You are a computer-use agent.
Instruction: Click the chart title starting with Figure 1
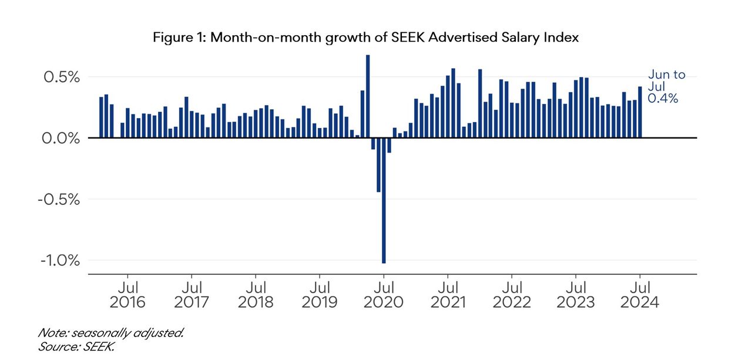pos(365,38)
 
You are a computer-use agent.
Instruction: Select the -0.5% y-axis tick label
pos(59,199)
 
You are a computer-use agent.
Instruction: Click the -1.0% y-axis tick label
pos(59,260)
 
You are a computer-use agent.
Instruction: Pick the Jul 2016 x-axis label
pos(127,295)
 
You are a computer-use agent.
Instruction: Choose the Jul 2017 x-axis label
pos(192,295)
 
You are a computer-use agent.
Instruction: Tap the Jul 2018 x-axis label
pos(256,295)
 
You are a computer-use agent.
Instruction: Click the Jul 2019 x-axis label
pos(320,295)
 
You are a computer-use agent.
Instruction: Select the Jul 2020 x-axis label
pos(384,295)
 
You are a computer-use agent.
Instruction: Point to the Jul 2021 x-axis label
pos(448,295)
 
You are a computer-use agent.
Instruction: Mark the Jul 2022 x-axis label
pos(512,295)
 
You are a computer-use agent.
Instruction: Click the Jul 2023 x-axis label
pos(576,295)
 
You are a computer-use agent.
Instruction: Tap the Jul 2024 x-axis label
pos(640,295)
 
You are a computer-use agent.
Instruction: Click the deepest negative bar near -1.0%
pos(384,200)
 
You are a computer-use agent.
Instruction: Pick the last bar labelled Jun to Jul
pos(640,112)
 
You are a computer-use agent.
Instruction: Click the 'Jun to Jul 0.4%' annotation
pos(666,87)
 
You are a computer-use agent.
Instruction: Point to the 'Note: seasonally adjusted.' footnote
pos(111,333)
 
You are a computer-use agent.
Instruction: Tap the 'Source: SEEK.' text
pos(76,346)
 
